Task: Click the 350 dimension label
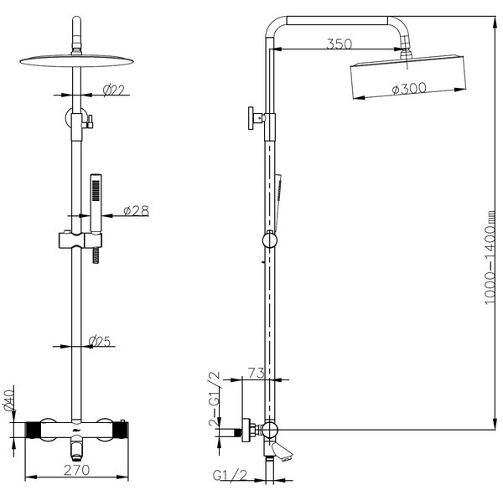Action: click(x=340, y=44)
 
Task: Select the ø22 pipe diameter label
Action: click(x=113, y=90)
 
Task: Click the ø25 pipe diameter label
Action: click(x=101, y=342)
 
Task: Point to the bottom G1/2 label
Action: click(x=228, y=477)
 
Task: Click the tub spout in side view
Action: click(x=281, y=453)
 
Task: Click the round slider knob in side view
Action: click(x=267, y=240)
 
